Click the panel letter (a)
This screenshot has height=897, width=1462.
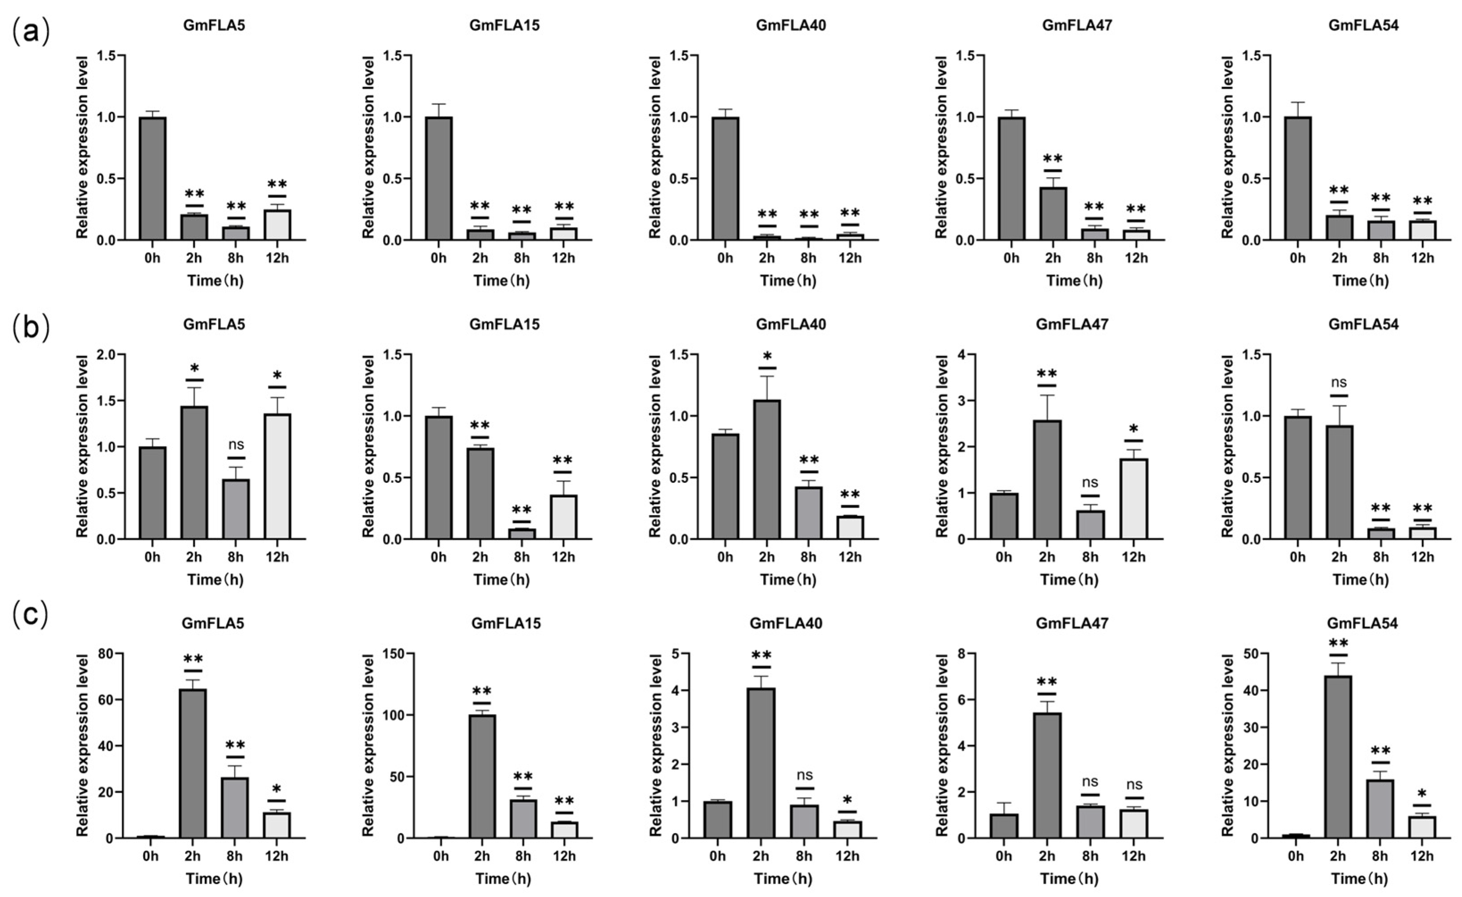(30, 32)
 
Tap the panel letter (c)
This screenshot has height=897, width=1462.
(30, 615)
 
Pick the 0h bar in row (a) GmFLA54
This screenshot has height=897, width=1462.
(1297, 179)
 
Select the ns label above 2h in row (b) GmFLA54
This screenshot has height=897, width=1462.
(1338, 382)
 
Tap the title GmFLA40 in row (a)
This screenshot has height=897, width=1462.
(791, 25)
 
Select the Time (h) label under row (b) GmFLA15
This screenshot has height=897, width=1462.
(502, 579)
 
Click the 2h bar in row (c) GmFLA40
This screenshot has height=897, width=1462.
(761, 763)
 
